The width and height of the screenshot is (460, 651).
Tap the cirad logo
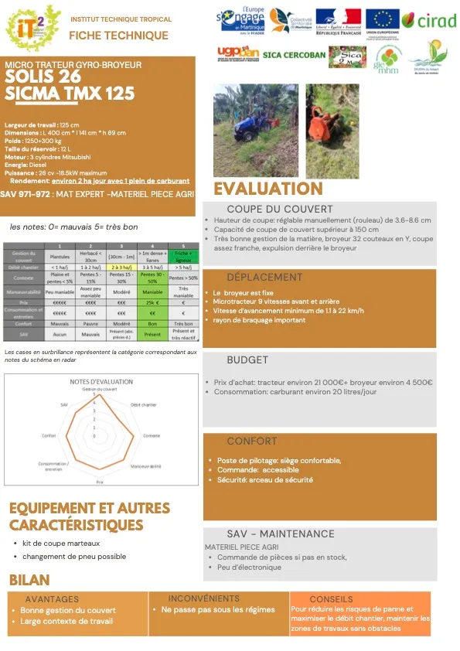pyautogui.click(x=429, y=20)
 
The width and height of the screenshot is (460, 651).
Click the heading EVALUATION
pyautogui.click(x=267, y=189)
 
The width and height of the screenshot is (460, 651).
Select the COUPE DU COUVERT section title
pyautogui.click(x=269, y=210)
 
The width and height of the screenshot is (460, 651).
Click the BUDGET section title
pyautogui.click(x=247, y=360)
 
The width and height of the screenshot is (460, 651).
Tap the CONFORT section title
pyautogui.click(x=251, y=441)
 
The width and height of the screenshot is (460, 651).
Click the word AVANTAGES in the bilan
pyautogui.click(x=52, y=599)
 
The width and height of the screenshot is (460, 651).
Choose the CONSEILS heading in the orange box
pyautogui.click(x=331, y=599)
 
